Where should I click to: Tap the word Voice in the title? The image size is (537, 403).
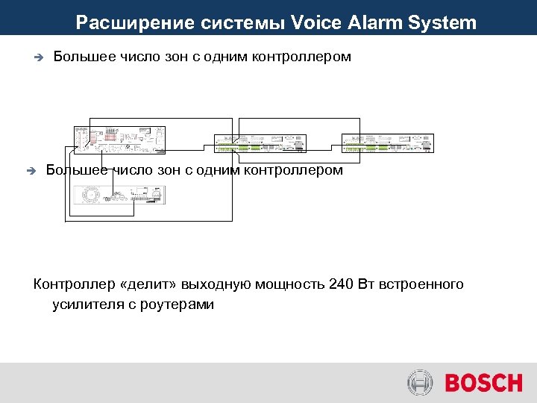click(x=315, y=23)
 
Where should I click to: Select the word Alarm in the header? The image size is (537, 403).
click(x=376, y=23)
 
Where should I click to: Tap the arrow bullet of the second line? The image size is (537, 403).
click(x=31, y=171)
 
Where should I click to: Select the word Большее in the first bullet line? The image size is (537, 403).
click(x=84, y=57)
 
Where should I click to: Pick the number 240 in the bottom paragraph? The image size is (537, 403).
click(x=341, y=284)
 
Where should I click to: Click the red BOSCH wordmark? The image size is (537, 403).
click(x=484, y=384)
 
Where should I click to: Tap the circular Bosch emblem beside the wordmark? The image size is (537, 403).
click(x=420, y=384)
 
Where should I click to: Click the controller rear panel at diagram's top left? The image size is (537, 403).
click(x=119, y=140)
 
